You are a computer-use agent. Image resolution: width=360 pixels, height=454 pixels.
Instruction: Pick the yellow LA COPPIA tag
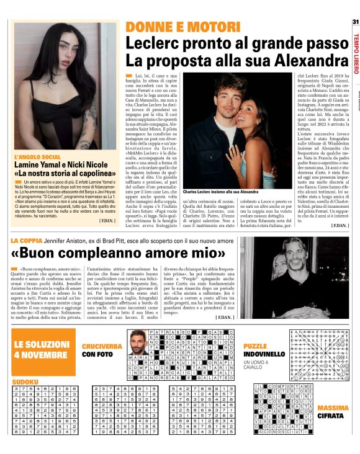pos(26,239)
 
